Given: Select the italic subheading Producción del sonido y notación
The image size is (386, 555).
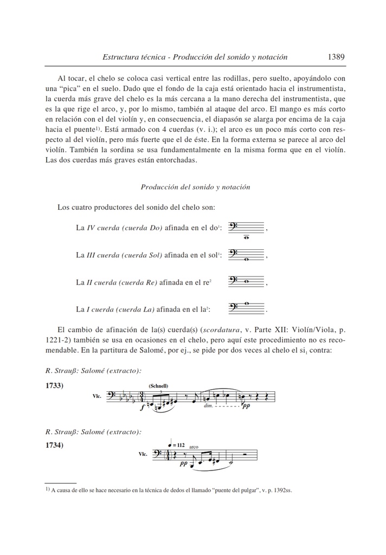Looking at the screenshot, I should tap(195, 187).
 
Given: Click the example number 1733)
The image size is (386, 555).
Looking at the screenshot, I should tap(55, 385).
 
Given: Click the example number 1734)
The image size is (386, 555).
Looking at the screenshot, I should tap(55, 446).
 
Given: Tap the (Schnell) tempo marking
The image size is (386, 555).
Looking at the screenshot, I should tap(158, 386).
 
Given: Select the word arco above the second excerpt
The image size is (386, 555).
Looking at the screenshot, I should tap(194, 447).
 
